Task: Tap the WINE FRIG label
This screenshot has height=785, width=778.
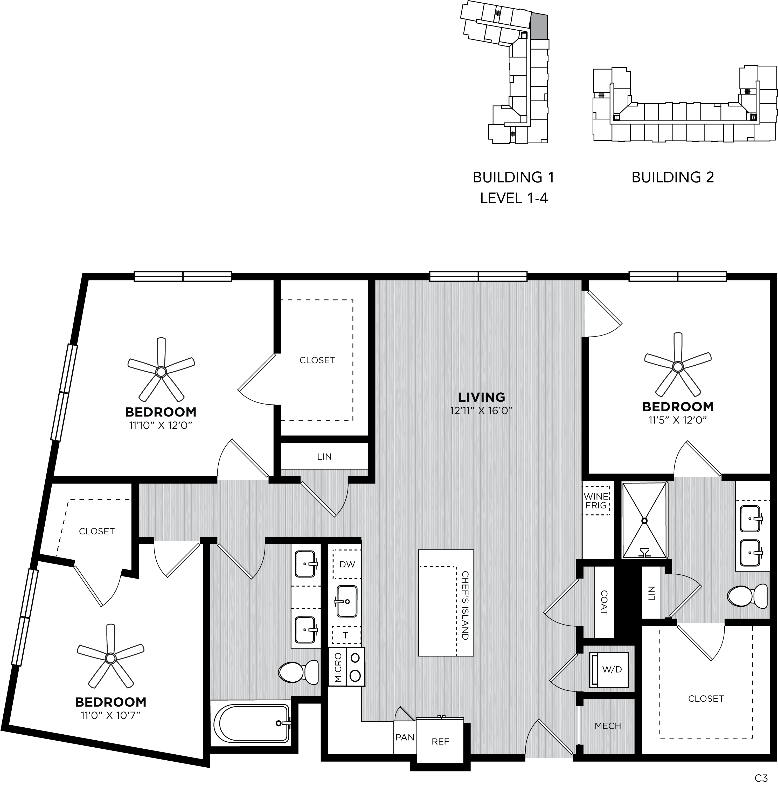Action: (x=596, y=501)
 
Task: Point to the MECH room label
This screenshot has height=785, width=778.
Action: (x=608, y=726)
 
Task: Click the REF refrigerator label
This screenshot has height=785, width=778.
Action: (x=440, y=742)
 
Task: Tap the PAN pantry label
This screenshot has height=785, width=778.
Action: (x=405, y=737)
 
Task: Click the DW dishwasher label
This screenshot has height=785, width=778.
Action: (x=347, y=564)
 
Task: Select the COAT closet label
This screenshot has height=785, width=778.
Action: (x=604, y=602)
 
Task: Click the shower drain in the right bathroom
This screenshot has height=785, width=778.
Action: (x=644, y=520)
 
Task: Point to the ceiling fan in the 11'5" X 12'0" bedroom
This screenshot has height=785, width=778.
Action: (x=677, y=366)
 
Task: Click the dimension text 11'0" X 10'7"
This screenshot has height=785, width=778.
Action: (x=110, y=715)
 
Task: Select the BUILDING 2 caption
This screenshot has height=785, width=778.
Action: (x=672, y=177)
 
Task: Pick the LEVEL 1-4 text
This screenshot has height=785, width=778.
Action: (x=514, y=198)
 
